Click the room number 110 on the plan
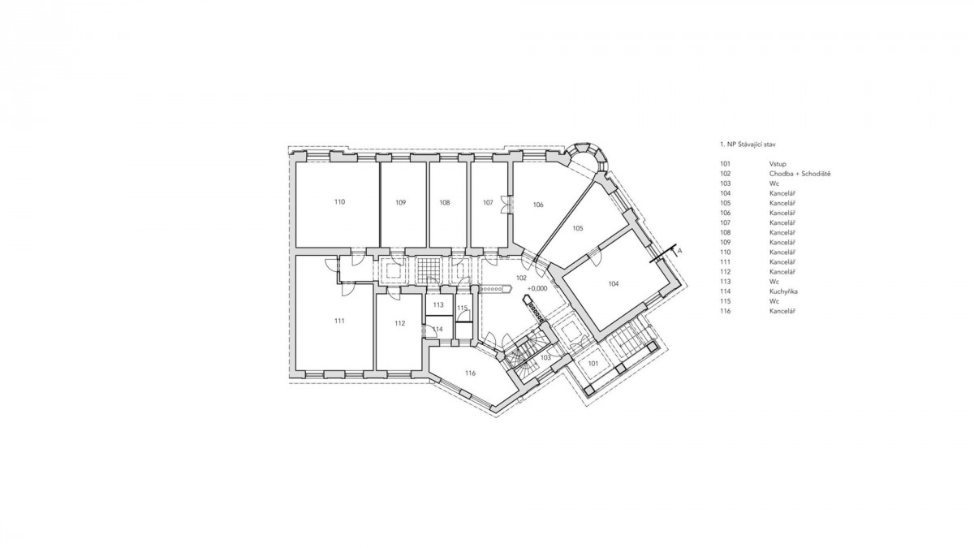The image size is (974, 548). [x=339, y=202]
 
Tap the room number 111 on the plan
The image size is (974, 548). [x=339, y=321]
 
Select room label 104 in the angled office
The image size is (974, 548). [x=613, y=284]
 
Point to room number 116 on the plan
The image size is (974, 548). [x=470, y=373]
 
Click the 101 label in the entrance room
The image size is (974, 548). [x=593, y=364]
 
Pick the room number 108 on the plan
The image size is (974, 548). [x=445, y=203]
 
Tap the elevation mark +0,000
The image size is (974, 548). [x=537, y=288]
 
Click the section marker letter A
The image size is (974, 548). [x=680, y=251]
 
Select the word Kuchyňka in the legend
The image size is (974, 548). [x=783, y=291]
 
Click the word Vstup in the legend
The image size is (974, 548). [x=778, y=164]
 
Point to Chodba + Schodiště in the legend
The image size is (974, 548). [x=799, y=174]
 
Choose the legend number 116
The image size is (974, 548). [x=726, y=311]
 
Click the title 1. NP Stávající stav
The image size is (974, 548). [x=748, y=144]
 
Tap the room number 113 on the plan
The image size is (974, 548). [x=437, y=305]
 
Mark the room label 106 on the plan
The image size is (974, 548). [x=538, y=205]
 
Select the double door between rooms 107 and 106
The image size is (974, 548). [x=506, y=205]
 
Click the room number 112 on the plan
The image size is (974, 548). [x=399, y=323]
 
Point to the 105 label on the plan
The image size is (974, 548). [x=577, y=228]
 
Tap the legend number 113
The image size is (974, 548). [x=726, y=282]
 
